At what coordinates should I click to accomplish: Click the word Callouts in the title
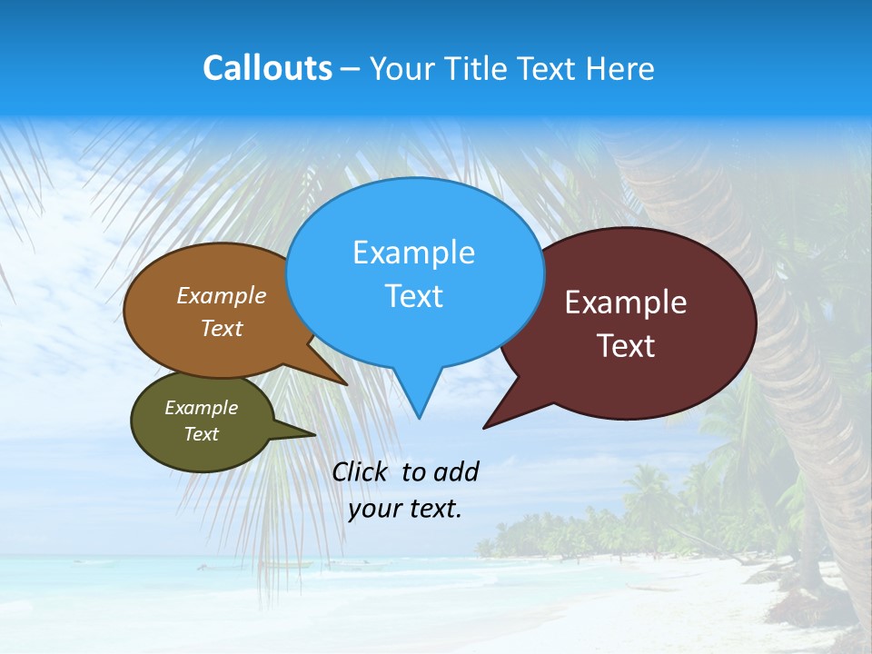click(267, 68)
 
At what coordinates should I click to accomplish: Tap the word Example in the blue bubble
click(413, 253)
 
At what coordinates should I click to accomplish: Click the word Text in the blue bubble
click(413, 296)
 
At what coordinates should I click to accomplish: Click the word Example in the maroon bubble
click(626, 302)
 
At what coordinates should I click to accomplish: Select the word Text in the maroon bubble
click(626, 346)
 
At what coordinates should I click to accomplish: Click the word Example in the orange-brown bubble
click(222, 296)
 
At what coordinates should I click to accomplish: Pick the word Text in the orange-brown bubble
click(222, 329)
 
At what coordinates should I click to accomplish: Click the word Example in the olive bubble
click(201, 408)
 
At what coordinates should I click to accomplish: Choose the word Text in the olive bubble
click(201, 434)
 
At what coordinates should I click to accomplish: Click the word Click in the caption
click(362, 471)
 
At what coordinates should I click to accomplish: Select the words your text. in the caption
click(405, 509)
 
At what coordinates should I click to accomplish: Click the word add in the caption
click(456, 471)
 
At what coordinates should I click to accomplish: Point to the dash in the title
click(351, 69)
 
